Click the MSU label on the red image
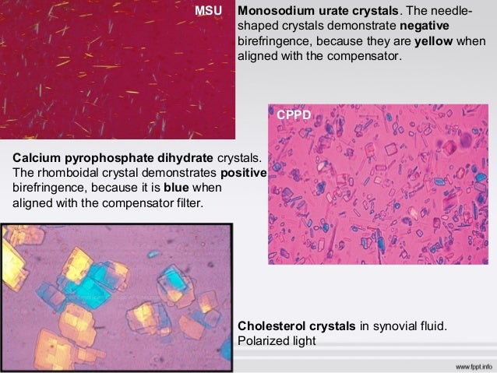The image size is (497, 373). [208, 12]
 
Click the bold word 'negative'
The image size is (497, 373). [434, 26]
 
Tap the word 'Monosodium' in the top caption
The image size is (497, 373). [274, 12]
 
